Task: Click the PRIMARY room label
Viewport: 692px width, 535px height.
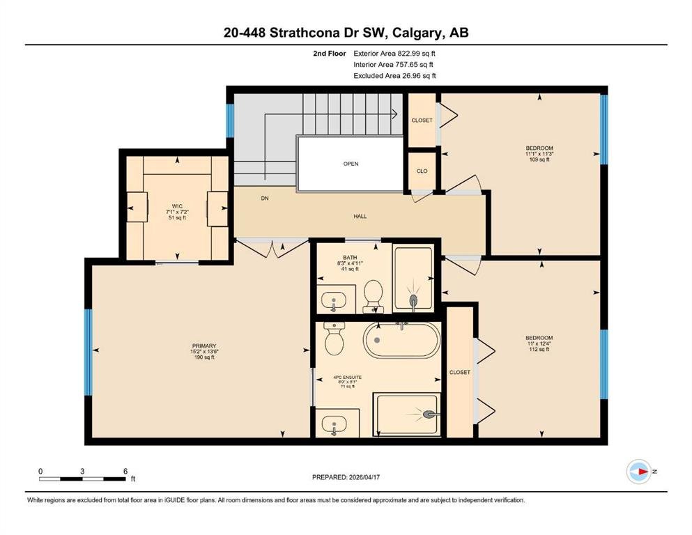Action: coord(204,346)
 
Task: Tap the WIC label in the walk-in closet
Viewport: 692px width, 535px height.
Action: coord(177,206)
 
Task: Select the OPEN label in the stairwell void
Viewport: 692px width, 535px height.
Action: coord(351,164)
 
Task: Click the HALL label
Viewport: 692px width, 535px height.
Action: coord(360,216)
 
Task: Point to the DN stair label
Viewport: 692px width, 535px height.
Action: coord(265,199)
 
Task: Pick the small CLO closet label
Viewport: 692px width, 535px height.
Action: coord(422,171)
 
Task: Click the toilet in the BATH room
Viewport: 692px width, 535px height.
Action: coord(373,296)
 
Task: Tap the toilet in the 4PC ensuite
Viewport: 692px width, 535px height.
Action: coord(334,339)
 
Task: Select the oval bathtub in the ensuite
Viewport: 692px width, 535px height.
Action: coord(401,341)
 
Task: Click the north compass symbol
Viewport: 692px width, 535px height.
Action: coord(639,472)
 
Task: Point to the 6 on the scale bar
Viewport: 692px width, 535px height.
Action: coord(125,471)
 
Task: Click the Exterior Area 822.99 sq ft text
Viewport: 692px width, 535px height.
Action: coord(394,54)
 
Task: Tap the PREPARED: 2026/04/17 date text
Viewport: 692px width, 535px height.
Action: coord(346,477)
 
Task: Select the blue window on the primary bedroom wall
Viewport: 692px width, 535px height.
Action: coord(89,352)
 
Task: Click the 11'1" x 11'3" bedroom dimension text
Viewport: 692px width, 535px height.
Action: coord(539,154)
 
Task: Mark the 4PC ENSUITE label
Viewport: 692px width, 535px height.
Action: coord(347,378)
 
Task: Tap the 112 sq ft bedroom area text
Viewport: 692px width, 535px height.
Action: coord(539,349)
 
